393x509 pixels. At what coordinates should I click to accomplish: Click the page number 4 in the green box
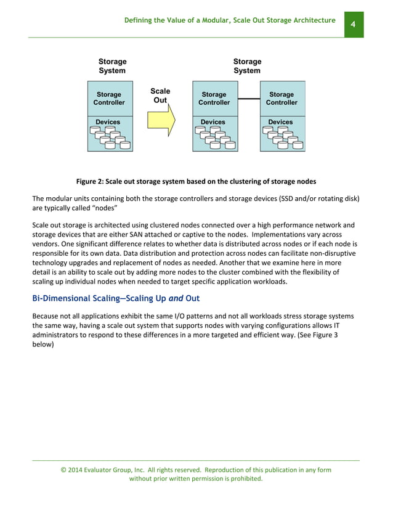(354, 24)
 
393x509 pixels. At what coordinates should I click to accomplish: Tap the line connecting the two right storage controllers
(249, 99)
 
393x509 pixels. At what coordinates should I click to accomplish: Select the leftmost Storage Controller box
(109, 99)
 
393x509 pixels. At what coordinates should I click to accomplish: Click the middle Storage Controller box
(214, 99)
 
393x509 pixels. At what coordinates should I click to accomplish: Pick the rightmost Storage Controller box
(282, 99)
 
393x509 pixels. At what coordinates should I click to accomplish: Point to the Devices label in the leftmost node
(108, 122)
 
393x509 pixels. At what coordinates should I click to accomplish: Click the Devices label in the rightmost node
(280, 122)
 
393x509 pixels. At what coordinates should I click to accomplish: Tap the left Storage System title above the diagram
(112, 66)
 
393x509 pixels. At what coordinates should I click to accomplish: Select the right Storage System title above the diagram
(247, 66)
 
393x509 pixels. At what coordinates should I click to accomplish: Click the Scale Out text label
(160, 96)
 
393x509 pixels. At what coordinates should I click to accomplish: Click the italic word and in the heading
(176, 299)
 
